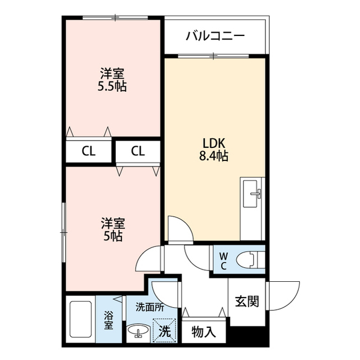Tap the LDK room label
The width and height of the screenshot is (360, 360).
click(215, 142)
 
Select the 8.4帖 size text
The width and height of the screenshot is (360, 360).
click(215, 156)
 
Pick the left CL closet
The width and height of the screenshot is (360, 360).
click(88, 151)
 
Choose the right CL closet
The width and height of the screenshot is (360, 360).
click(138, 151)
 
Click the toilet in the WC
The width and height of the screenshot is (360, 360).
click(247, 260)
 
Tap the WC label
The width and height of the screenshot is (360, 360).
click(223, 261)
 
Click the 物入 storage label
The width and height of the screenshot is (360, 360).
click(204, 331)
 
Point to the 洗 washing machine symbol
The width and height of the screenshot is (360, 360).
click(164, 330)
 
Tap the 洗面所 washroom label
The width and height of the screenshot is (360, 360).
click(149, 308)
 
